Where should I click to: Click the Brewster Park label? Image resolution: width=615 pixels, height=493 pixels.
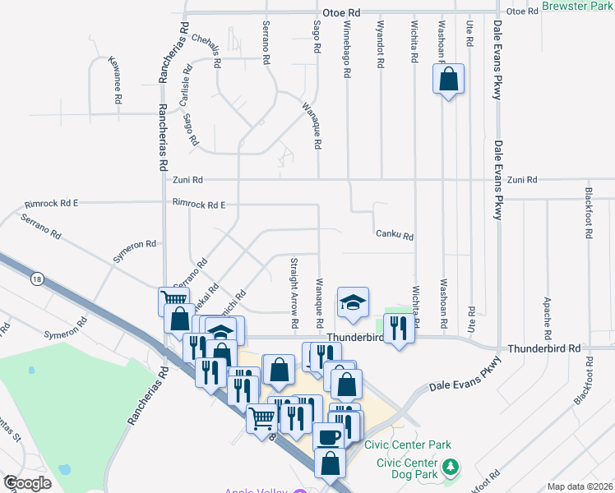click(579, 6)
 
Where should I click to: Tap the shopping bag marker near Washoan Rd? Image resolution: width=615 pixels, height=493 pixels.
click(448, 81)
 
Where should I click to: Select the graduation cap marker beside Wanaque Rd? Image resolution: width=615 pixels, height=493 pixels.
click(353, 304)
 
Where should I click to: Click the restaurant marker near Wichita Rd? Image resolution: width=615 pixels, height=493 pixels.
click(399, 329)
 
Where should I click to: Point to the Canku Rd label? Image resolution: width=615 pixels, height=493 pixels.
click(394, 236)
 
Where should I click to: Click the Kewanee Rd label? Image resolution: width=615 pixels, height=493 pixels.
click(115, 79)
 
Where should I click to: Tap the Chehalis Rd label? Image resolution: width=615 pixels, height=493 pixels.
click(206, 50)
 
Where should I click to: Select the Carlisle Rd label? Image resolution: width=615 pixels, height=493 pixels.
click(187, 88)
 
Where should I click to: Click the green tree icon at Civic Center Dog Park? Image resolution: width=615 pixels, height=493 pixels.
click(450, 468)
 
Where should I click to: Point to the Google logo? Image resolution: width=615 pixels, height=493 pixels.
click(27, 483)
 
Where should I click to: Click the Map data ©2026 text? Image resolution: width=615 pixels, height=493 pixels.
click(580, 486)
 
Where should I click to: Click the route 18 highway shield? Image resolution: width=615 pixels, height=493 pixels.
click(36, 279)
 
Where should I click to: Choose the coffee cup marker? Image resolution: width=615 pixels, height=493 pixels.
click(328, 437)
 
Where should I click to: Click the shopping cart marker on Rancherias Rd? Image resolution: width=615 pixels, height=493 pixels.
click(173, 302)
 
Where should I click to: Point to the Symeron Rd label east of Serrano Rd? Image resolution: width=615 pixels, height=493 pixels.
click(135, 246)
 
